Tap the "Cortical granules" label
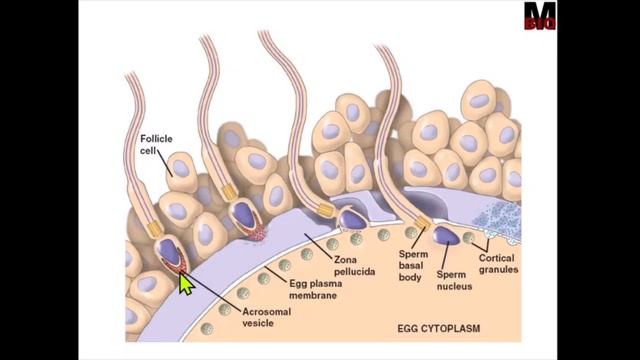(x=496, y=263)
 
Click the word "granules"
(x=496, y=269)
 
